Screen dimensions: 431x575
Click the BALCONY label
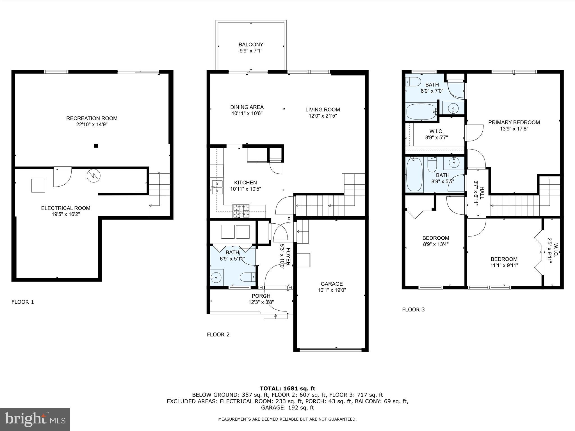251,45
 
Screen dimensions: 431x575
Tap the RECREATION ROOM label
92,118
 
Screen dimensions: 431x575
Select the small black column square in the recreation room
96,146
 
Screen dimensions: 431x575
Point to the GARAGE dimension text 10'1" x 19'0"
332,290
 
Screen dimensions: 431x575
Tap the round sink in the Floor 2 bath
216,278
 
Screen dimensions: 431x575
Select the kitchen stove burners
241,211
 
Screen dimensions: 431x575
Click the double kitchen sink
217,187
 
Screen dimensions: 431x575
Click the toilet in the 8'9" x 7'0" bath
413,82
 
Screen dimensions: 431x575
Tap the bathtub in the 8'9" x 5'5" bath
414,175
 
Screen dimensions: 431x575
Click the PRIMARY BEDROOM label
514,122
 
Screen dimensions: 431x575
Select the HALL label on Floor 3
482,193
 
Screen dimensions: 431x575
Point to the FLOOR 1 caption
22,302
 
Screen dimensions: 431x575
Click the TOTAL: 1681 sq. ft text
287,388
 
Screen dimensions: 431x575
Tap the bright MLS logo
35,419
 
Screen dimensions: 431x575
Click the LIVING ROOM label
322,110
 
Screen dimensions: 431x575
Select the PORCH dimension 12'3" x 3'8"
261,302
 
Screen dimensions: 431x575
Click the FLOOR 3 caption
413,310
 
